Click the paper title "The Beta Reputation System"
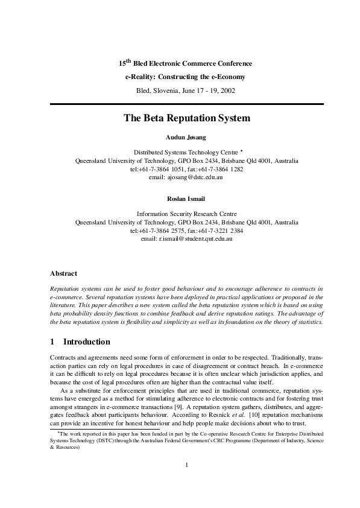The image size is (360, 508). [186, 119]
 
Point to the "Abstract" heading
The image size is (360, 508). [63, 273]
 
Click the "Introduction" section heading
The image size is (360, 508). [86, 341]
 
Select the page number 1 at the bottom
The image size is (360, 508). [187, 464]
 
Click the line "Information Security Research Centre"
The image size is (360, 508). [186, 214]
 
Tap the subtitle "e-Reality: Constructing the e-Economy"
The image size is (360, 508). [185, 77]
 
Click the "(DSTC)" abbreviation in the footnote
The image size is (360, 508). [95, 439]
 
